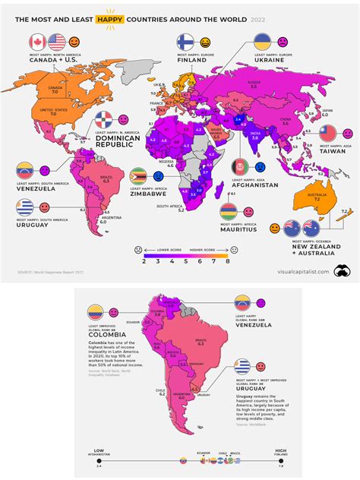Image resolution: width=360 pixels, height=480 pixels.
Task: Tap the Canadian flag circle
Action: pyautogui.click(x=36, y=43)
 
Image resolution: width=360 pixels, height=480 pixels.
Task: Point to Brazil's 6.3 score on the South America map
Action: pyautogui.click(x=199, y=343)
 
